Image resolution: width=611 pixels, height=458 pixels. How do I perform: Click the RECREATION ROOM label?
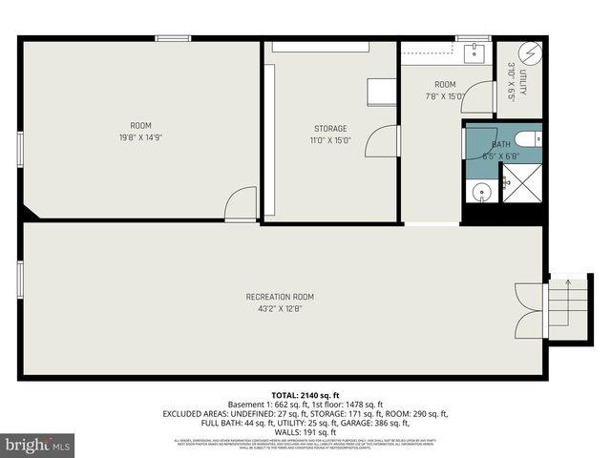coord(280,296)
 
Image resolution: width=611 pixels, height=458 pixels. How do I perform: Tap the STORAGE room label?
coord(330,129)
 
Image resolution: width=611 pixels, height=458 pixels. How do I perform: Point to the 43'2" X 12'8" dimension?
coord(280,308)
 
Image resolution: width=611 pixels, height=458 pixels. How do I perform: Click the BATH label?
coord(501,144)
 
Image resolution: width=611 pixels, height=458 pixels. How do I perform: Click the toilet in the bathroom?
coord(533,139)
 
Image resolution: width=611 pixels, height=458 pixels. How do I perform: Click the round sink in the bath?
coord(482,191)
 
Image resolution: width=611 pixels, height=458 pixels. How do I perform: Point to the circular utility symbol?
coord(530,52)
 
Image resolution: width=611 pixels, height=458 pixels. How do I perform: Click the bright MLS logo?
coord(38,445)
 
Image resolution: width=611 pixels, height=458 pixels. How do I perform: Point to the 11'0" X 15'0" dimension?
coord(330,140)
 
